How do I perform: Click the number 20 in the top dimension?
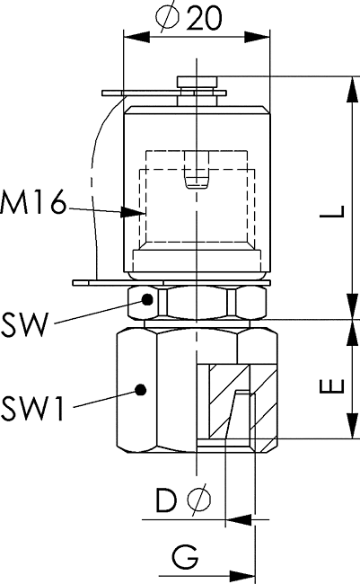click(x=204, y=17)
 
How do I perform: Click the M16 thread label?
click(x=33, y=202)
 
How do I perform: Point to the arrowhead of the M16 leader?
click(x=133, y=213)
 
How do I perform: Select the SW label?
click(x=25, y=324)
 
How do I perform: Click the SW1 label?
click(x=32, y=408)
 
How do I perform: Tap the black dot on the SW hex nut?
click(x=148, y=299)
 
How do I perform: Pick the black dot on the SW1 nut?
click(x=140, y=390)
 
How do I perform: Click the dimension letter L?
click(x=331, y=210)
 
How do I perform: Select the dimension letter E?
click(x=331, y=385)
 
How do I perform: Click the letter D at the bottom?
click(x=166, y=500)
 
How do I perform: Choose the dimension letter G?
click(x=185, y=557)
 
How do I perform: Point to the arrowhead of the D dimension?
click(x=239, y=519)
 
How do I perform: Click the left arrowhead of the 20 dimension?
click(x=136, y=37)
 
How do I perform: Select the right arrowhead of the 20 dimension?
click(x=257, y=37)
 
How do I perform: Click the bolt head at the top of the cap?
click(x=198, y=82)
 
